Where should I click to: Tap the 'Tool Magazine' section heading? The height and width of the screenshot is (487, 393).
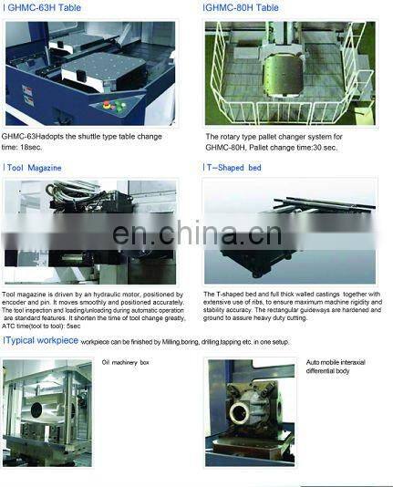pos(34,168)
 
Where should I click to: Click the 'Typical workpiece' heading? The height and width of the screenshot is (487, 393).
pos(41,339)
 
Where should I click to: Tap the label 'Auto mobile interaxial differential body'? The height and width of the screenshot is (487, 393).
pos(335,367)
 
